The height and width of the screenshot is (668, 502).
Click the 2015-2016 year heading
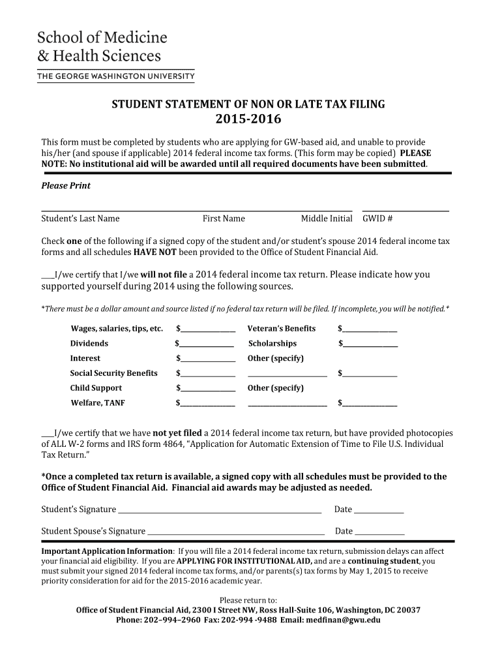(x=248, y=119)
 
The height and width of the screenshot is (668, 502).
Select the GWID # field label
(x=377, y=219)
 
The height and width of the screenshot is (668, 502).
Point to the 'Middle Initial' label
(x=327, y=219)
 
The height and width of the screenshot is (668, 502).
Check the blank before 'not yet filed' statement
(x=48, y=434)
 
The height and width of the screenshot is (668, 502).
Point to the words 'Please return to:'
(x=248, y=600)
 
